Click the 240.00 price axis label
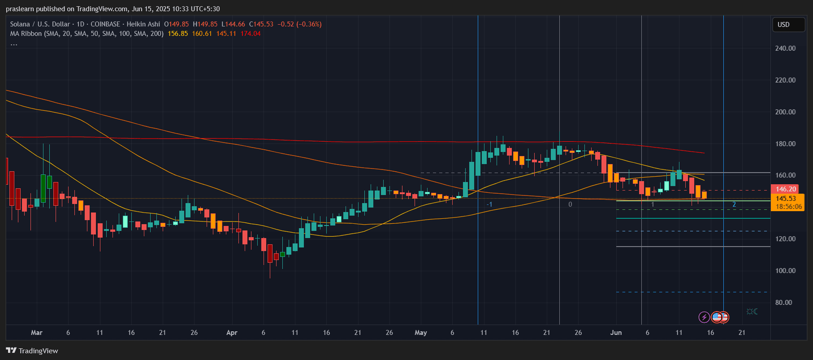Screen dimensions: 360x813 [x=785, y=48]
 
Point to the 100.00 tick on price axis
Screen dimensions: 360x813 [x=785, y=271]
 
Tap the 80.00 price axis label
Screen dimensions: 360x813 [x=783, y=303]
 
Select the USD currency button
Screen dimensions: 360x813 [x=788, y=25]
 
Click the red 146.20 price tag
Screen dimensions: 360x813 [x=786, y=189]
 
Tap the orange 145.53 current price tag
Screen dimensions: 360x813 [x=787, y=199]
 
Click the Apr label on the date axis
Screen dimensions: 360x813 [x=232, y=333]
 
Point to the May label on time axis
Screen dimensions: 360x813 [x=421, y=333]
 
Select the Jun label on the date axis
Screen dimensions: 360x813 [x=616, y=333]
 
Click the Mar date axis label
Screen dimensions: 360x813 [x=37, y=333]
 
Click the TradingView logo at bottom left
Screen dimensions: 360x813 [x=32, y=351]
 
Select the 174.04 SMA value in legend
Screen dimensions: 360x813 [x=251, y=34]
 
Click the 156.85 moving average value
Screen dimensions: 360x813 [x=178, y=34]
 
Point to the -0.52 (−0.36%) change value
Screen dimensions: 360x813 [x=299, y=24]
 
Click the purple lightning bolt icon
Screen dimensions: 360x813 [x=704, y=317]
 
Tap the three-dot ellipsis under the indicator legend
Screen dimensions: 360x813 [x=14, y=44]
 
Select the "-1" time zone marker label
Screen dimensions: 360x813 [x=489, y=204]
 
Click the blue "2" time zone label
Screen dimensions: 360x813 [x=734, y=204]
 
